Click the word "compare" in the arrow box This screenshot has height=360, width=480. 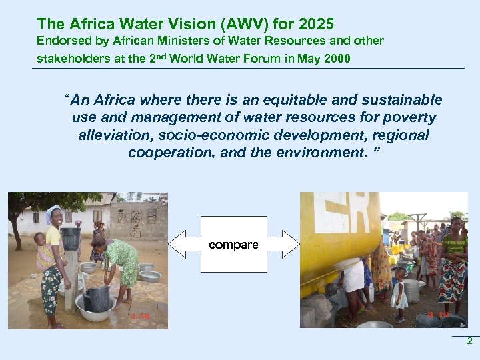(233, 245)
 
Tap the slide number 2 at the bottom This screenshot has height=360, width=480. (469, 341)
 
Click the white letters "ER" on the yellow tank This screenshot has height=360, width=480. (343, 212)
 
